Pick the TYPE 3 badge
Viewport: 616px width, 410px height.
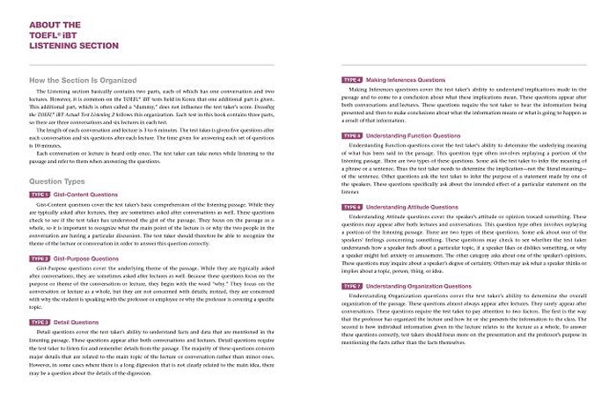pyautogui.click(x=40, y=322)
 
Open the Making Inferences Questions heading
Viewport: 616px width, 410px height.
pyautogui.click(x=409, y=80)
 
